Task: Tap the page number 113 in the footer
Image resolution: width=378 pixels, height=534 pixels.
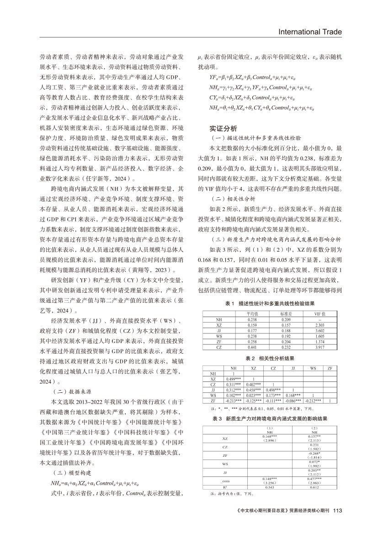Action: [x=338, y=511]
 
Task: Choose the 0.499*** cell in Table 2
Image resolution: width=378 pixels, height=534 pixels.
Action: [x=234, y=379]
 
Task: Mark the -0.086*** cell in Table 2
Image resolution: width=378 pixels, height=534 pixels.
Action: [x=292, y=401]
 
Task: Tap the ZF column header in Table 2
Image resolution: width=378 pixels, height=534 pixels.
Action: [x=330, y=368]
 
